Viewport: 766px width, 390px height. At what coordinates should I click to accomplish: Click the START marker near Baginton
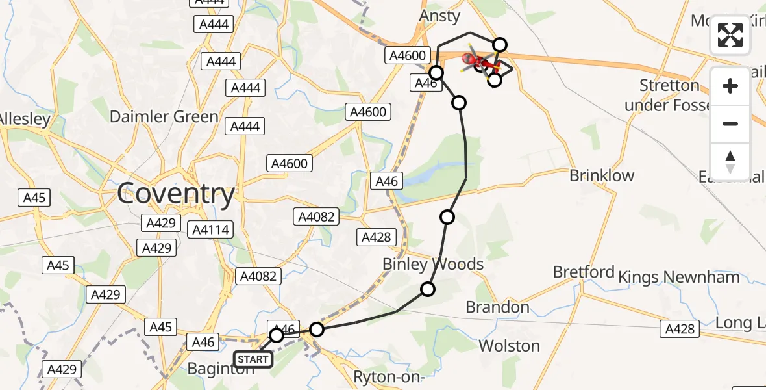click(253, 359)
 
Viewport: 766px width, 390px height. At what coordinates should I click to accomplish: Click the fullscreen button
click(730, 35)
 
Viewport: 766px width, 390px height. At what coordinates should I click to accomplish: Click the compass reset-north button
click(730, 162)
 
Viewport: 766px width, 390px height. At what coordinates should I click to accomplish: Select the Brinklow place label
click(601, 175)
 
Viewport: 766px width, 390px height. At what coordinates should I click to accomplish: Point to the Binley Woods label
click(433, 265)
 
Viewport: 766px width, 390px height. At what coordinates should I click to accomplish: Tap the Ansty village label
click(439, 16)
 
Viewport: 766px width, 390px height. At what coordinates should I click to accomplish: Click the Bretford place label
click(584, 272)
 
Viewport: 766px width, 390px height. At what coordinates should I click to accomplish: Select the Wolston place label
click(509, 346)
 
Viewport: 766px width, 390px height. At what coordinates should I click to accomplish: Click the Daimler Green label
click(164, 117)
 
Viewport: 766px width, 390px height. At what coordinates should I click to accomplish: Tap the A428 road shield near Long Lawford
click(680, 330)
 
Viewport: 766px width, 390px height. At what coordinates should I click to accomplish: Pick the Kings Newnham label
click(679, 278)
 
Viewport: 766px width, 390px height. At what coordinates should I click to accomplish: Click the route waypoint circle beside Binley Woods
click(428, 289)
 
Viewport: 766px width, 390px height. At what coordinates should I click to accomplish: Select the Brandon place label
click(498, 307)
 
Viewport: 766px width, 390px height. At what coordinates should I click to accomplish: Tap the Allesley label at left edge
click(23, 119)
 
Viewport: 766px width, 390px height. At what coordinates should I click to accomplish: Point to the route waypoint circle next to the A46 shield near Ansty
click(436, 72)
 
